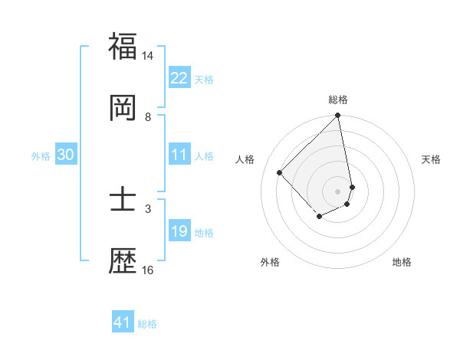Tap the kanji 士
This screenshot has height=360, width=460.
click(123, 201)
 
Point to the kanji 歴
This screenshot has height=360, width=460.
click(123, 260)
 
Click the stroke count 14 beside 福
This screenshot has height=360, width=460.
click(148, 56)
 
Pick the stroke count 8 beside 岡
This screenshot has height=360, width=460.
click(148, 116)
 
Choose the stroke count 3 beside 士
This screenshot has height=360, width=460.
click(148, 208)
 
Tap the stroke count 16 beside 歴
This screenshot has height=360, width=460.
click(148, 270)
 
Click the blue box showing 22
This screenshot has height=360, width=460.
click(179, 78)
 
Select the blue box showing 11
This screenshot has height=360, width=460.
click(179, 155)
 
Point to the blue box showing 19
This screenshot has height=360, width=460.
click(179, 232)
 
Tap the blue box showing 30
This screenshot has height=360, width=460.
click(66, 155)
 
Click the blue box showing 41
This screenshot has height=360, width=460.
click(123, 323)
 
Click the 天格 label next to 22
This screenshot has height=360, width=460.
click(204, 79)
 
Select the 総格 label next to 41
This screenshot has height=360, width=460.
click(147, 324)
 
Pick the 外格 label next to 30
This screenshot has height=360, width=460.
click(41, 156)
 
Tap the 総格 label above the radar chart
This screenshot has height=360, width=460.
click(338, 100)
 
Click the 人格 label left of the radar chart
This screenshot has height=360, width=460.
click(245, 159)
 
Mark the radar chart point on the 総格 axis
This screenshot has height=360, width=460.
click(338, 116)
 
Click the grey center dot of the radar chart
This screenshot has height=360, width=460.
click(338, 191)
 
